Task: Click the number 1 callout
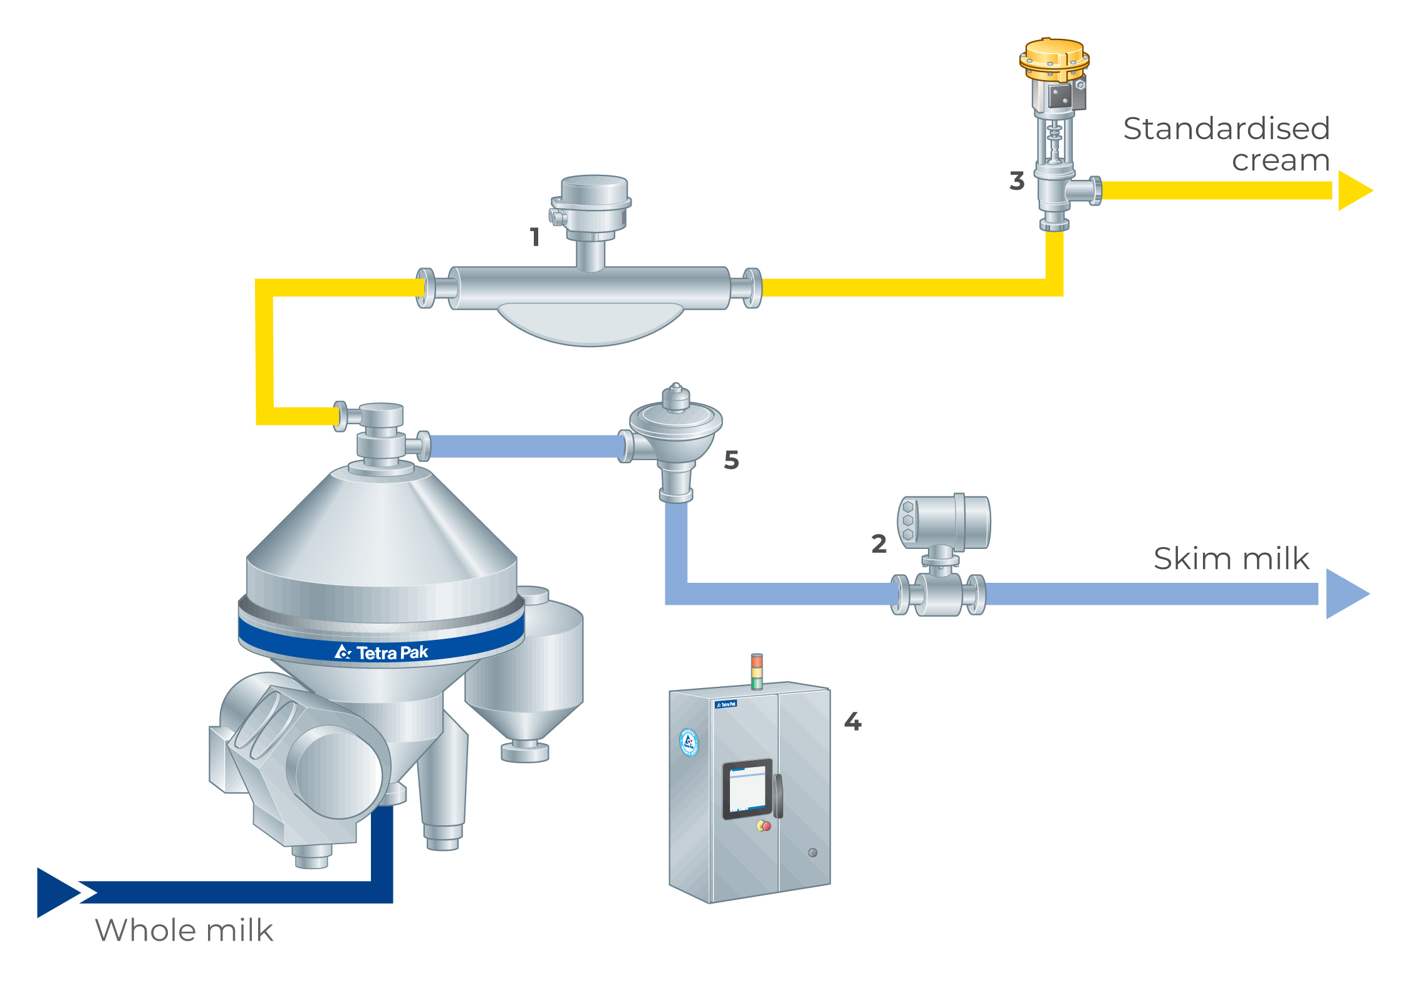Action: coord(534,237)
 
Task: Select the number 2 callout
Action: coord(879,544)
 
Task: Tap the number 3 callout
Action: coord(1017,181)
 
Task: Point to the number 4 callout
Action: coord(853,721)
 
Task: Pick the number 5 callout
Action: coord(731,460)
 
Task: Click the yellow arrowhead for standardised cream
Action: coord(1354,191)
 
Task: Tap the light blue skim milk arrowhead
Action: coord(1346,593)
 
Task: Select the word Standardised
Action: coord(1226,128)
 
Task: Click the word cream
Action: coord(1280,160)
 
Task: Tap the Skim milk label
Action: coord(1231,558)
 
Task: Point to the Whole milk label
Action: coord(184,931)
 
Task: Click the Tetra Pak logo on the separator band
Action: coord(382,652)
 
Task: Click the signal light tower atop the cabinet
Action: coord(757,671)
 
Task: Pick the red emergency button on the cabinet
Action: coord(766,826)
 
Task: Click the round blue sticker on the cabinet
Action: coord(689,743)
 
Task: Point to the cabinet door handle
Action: coord(778,796)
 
